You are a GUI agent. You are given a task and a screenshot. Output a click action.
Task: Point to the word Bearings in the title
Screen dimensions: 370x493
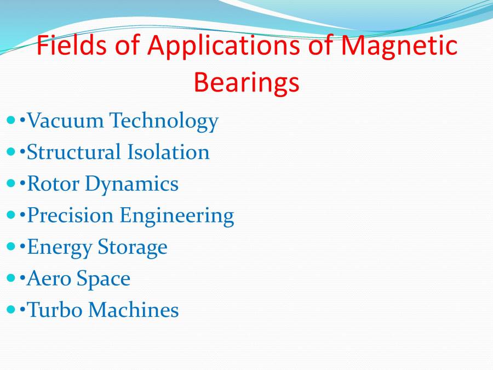coord(246,83)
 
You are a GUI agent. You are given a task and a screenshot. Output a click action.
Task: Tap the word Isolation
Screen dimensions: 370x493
coord(169,152)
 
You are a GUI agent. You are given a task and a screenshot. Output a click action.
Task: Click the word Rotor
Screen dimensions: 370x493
coord(53,184)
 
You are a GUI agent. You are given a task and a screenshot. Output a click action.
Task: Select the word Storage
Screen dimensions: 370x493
coord(133,248)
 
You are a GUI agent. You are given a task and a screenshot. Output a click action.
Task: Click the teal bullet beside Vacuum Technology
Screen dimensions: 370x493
coord(12,119)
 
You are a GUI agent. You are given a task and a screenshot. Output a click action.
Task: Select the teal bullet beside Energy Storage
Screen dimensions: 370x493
coord(12,247)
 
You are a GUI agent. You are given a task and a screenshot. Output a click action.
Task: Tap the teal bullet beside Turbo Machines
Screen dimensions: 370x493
coord(12,310)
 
